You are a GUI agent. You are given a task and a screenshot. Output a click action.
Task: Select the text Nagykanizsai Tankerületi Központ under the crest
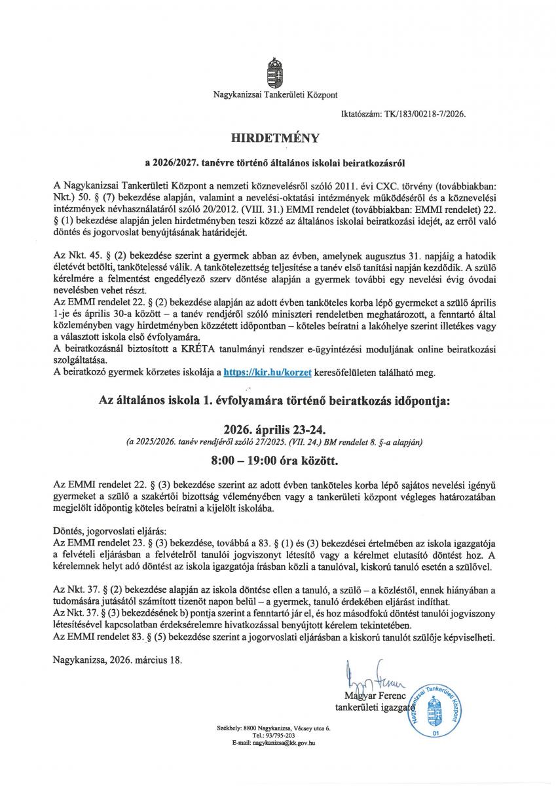275,95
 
